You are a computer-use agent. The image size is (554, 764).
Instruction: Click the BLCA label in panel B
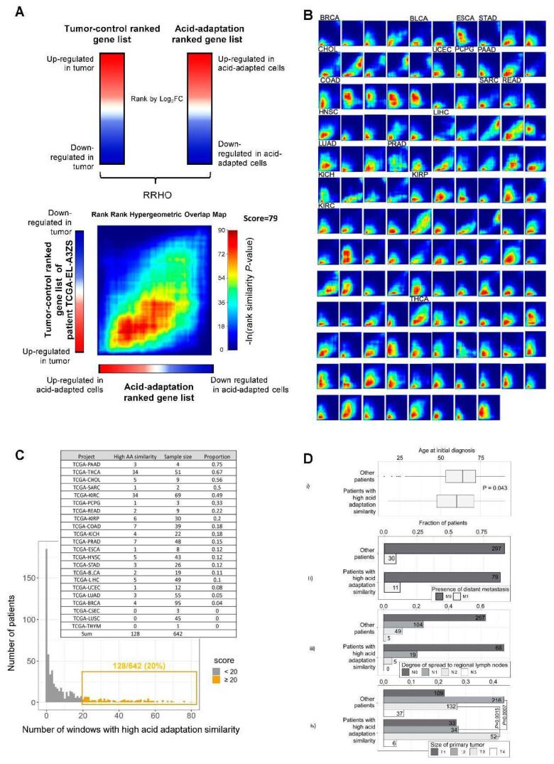pos(419,17)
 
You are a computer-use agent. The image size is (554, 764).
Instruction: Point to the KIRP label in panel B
pos(420,173)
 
